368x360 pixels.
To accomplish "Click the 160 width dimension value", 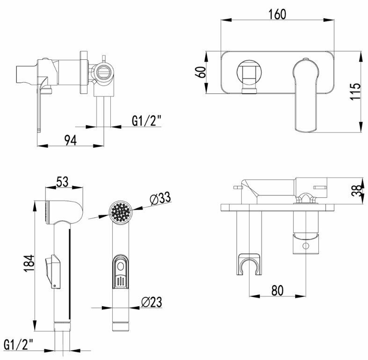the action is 277,14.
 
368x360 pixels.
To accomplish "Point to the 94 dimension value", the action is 70,139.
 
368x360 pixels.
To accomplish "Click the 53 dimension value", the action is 63,182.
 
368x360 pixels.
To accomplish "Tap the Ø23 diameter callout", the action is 151,302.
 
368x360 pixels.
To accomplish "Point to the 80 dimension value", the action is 277,290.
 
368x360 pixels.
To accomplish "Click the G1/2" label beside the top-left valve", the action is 146,121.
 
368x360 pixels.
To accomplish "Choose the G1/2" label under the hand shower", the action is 19,345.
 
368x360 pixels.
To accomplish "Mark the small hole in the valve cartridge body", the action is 305,246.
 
